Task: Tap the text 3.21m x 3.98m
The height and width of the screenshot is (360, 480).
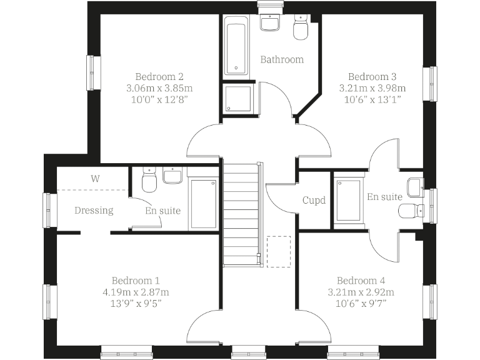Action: click(x=372, y=87)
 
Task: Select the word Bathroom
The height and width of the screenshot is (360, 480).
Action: click(x=282, y=59)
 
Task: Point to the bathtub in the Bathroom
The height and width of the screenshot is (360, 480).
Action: click(x=236, y=48)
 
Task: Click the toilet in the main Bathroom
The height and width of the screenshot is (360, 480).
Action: click(x=301, y=29)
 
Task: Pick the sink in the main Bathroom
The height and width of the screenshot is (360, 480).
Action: click(x=270, y=24)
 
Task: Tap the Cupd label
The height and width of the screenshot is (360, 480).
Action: click(x=314, y=201)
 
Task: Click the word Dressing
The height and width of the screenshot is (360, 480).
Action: click(x=94, y=210)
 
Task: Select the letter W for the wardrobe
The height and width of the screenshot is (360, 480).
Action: click(x=95, y=178)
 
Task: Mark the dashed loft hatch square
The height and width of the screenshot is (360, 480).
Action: click(x=279, y=251)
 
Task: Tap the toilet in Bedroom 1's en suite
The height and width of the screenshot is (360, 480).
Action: click(x=149, y=181)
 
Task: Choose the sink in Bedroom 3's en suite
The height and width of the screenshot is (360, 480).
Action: click(x=415, y=186)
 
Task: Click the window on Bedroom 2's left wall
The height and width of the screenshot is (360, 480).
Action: click(x=94, y=73)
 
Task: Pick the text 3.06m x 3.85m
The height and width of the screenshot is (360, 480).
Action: click(x=159, y=87)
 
